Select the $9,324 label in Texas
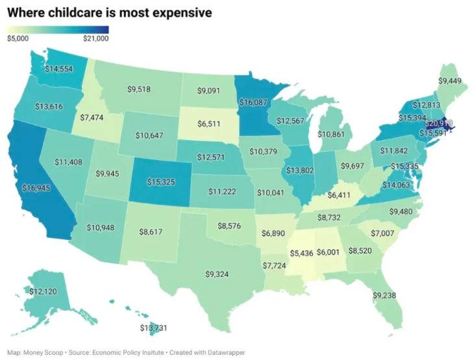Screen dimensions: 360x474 pos(218,274)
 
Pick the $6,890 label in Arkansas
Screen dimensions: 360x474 pos(273,232)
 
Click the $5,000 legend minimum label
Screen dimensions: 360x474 pos(18,38)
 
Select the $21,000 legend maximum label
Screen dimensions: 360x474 pos(96,38)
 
